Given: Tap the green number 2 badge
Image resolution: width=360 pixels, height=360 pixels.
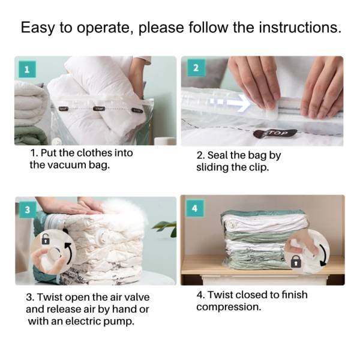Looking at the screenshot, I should [x=195, y=68].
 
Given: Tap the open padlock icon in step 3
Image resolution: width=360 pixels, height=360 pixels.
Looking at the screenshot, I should [x=45, y=239].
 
